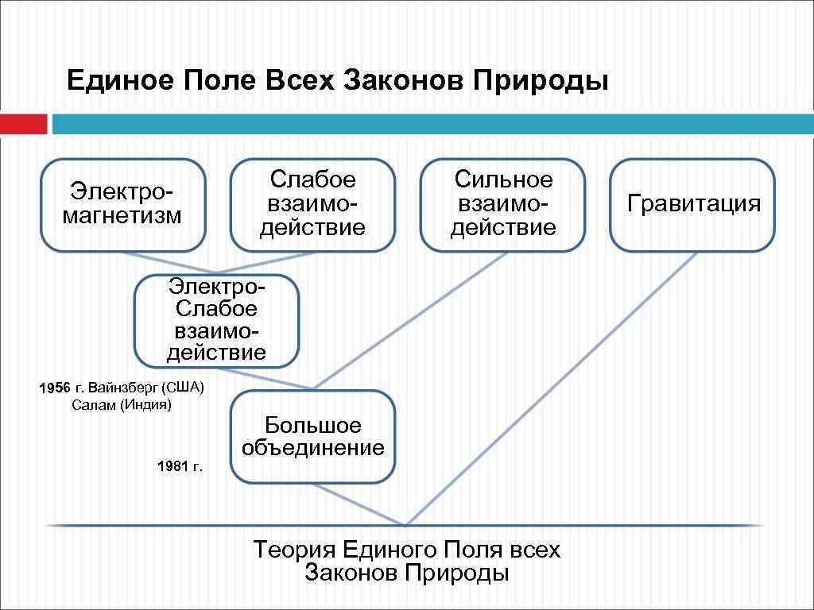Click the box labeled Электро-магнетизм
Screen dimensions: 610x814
122,204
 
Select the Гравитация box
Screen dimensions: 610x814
692,204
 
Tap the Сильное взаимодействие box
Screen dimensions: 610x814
502,204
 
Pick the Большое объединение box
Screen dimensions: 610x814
312,437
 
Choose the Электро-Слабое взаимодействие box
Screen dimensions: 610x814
216,321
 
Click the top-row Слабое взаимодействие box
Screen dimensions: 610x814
312,204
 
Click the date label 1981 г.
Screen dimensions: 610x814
180,466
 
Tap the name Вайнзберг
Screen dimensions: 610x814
126,388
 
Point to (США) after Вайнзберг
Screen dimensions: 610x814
184,388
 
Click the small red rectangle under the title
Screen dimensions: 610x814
23,125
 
